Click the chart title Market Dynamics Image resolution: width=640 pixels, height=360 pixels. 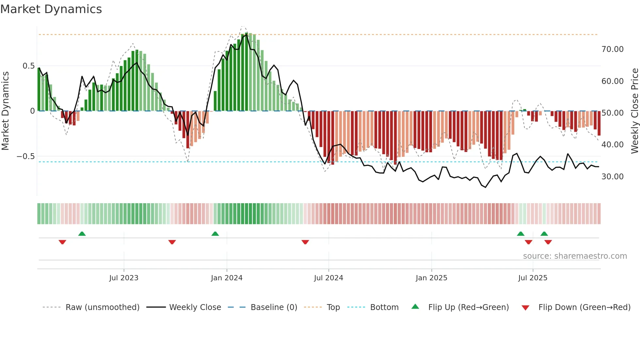point(51,9)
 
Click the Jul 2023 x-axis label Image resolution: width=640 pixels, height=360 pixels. point(124,278)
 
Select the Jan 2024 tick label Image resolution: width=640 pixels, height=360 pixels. point(227,278)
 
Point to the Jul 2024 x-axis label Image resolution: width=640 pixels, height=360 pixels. point(328,278)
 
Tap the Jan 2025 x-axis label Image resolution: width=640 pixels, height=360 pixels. point(431,278)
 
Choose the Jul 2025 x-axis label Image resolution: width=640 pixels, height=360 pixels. point(533,278)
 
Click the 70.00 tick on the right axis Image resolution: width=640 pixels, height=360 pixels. point(612,49)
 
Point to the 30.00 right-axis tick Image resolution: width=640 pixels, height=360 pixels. point(612,177)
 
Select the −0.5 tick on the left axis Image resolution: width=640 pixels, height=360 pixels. point(25,156)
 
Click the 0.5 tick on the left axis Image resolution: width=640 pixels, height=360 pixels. point(28,66)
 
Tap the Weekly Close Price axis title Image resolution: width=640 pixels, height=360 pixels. point(634,111)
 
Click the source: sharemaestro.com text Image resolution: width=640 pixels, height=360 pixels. point(575,256)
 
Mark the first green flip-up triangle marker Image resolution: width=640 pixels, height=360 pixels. point(82,234)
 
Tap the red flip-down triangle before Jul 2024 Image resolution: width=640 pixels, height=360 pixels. point(305,242)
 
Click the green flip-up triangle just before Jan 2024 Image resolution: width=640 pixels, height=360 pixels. point(215,234)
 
